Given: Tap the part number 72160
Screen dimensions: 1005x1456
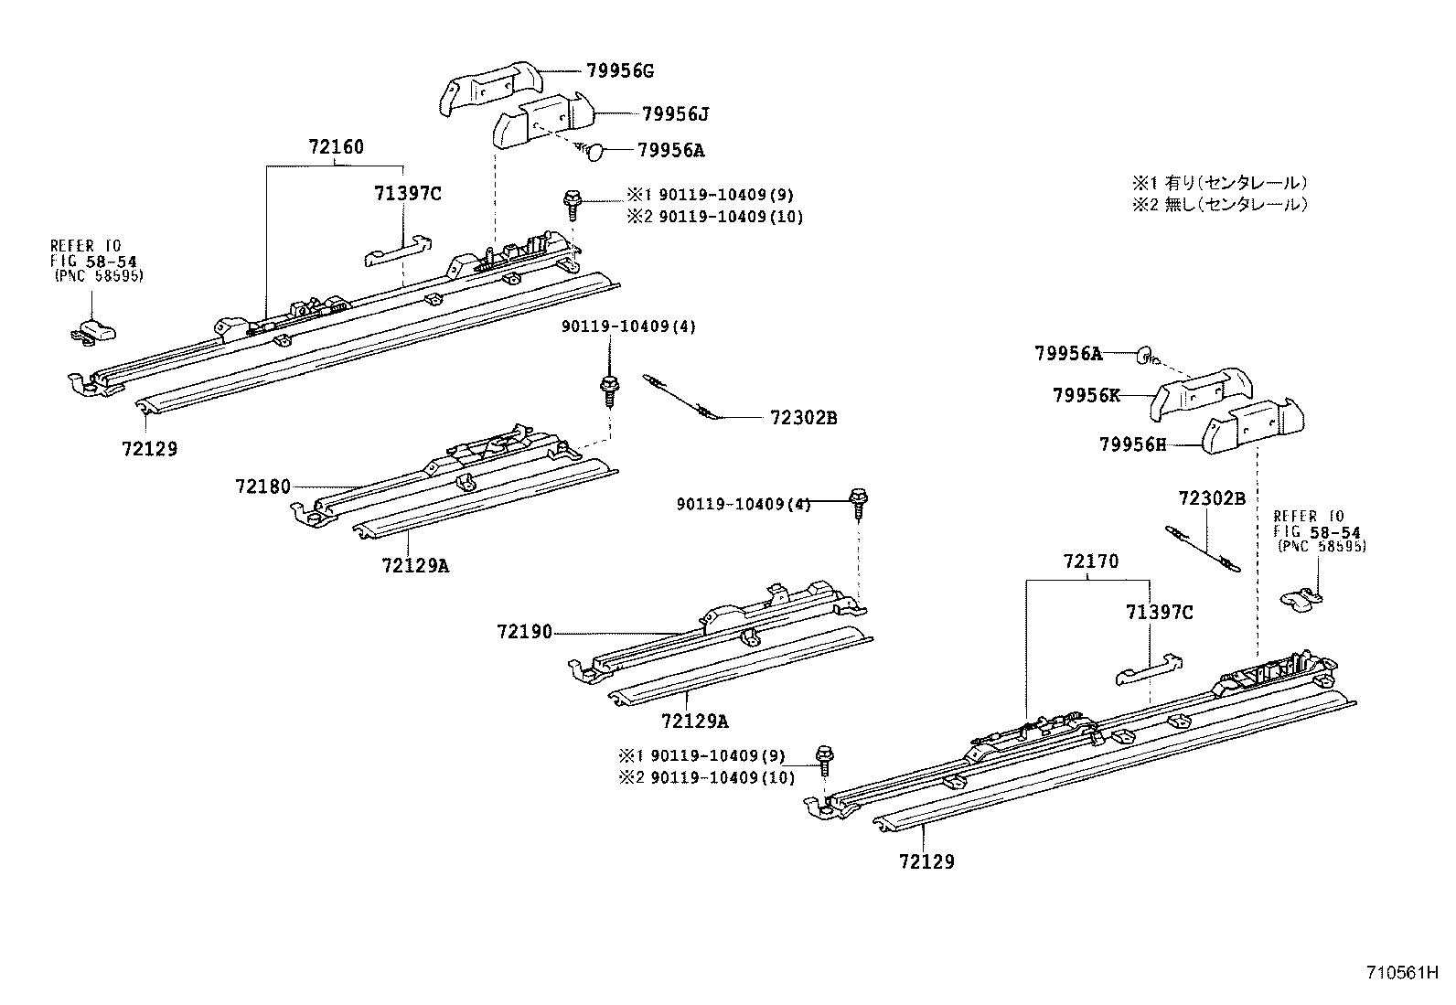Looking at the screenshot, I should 336,146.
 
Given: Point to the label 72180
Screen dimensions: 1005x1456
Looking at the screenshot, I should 262,486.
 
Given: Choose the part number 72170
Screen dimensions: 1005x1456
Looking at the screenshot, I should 1090,561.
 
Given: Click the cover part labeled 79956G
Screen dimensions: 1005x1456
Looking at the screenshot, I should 489,87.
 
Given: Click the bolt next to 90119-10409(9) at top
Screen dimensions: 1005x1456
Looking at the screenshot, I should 572,203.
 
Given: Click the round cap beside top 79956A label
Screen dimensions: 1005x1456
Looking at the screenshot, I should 595,152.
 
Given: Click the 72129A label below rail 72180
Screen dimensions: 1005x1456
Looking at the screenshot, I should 416,565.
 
